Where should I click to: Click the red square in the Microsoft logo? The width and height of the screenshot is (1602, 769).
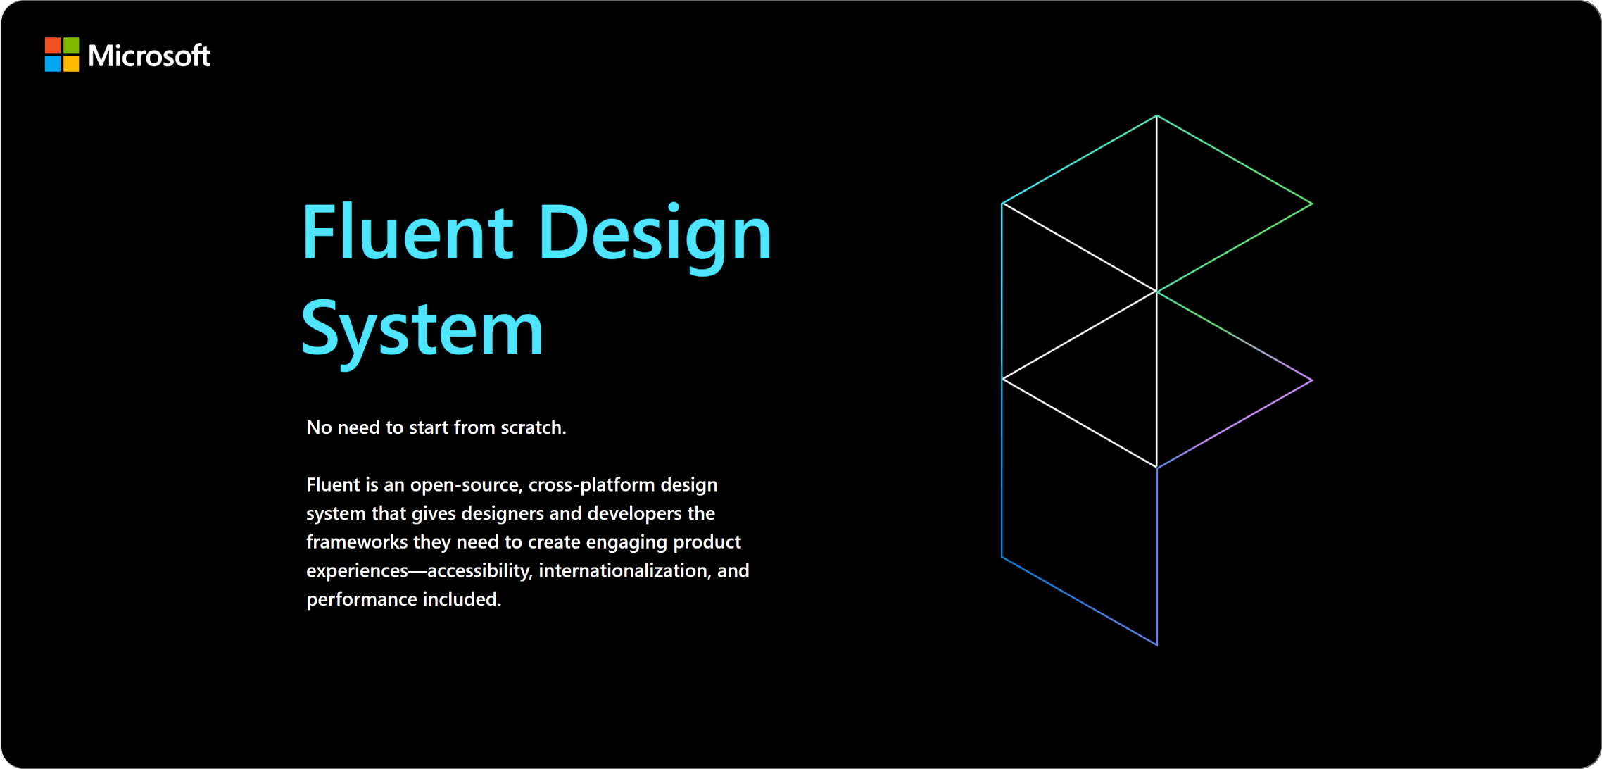(x=53, y=46)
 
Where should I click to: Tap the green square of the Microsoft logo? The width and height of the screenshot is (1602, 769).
(x=71, y=46)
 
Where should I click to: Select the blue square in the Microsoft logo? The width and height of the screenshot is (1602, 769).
(x=53, y=64)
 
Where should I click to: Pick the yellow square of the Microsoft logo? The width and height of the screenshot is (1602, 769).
(x=71, y=64)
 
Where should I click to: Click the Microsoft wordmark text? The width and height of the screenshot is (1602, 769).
(x=149, y=56)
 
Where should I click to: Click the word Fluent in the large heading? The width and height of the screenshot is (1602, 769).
(x=407, y=232)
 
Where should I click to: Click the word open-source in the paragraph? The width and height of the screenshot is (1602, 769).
(x=465, y=485)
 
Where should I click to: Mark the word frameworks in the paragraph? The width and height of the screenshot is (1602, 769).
(x=357, y=542)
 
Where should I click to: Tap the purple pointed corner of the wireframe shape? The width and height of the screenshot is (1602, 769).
(x=1311, y=380)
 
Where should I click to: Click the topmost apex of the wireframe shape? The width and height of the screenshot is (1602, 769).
(x=1156, y=116)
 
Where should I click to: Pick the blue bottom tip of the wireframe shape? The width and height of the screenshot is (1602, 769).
(x=1156, y=644)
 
